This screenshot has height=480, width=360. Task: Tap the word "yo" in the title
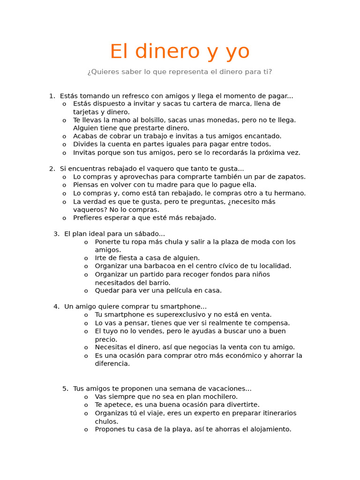point(237,52)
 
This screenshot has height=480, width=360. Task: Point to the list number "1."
point(52,96)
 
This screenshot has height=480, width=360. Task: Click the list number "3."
point(56,234)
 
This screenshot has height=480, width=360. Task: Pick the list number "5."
point(65,389)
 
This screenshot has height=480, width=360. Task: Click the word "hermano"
point(291,193)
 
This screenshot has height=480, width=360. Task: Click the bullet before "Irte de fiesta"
point(86,258)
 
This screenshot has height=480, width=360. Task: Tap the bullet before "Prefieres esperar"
point(64,218)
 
